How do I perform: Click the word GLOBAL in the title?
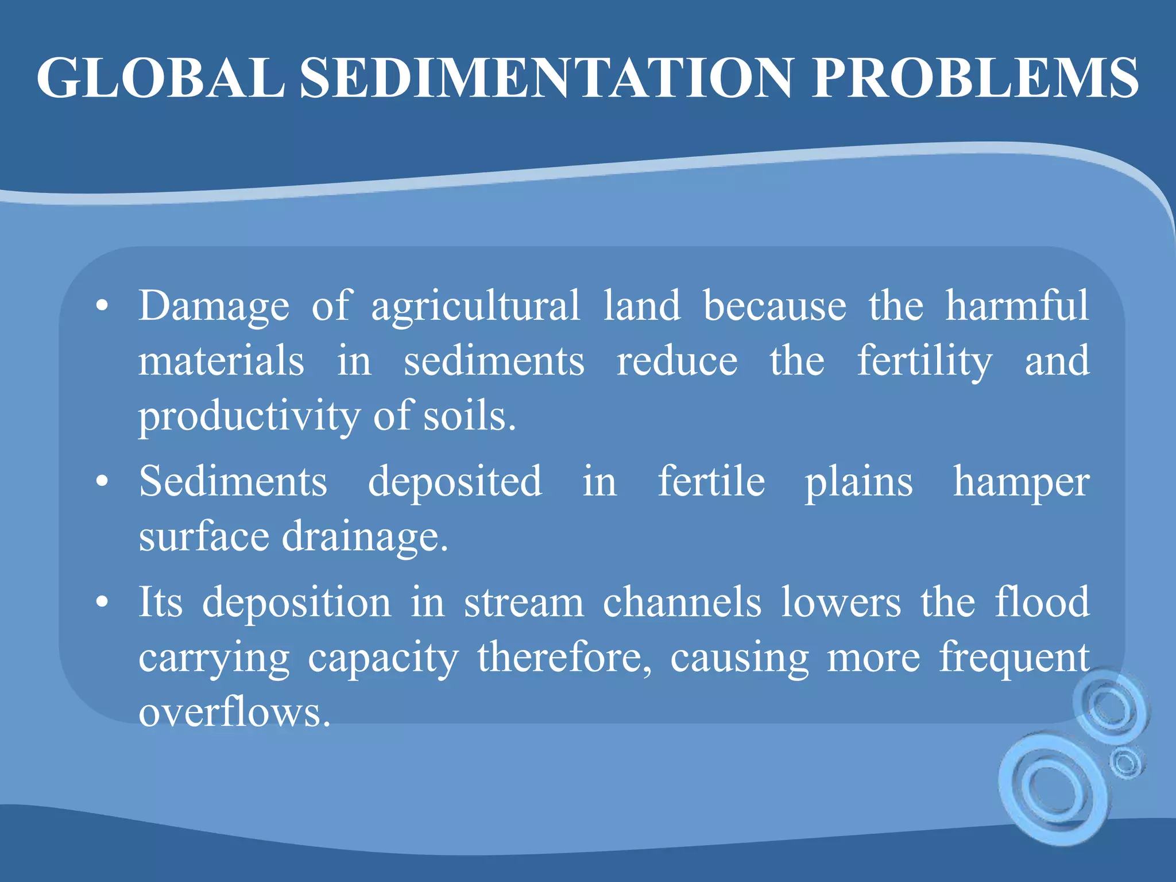[x=161, y=78]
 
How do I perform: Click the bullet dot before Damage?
[x=102, y=307]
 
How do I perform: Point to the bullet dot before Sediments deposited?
[x=102, y=482]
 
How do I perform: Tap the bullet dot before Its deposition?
[x=102, y=603]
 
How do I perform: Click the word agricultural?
[x=475, y=305]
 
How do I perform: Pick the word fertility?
[x=924, y=361]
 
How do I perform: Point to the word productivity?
[x=248, y=416]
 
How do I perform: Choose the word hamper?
[x=1021, y=481]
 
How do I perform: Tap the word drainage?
[x=364, y=537]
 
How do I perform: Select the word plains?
[x=858, y=481]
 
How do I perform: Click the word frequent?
[x=1014, y=658]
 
